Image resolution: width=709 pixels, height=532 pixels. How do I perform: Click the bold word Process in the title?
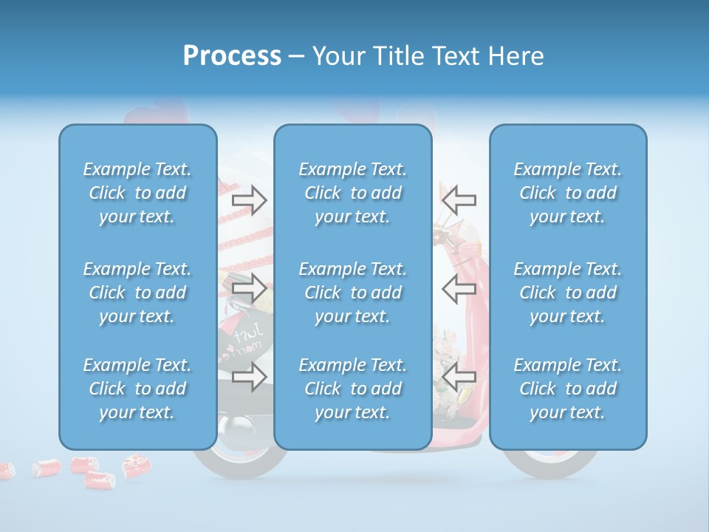232,56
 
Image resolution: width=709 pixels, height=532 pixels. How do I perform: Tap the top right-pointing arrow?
249,199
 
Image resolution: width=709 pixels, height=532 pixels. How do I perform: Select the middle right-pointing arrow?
249,287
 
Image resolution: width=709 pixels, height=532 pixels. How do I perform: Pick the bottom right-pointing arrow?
249,377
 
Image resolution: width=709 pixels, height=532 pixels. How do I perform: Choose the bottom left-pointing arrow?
459,377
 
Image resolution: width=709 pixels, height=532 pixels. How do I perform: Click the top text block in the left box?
137,193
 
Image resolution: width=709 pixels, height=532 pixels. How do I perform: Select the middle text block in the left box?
137,293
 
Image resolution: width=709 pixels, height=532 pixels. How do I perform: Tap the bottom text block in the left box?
137,389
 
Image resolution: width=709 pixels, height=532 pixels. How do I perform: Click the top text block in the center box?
353,193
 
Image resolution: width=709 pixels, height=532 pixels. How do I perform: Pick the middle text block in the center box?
353,293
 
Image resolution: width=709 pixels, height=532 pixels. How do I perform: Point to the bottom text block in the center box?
353,389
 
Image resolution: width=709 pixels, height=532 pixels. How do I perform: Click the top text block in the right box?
568,193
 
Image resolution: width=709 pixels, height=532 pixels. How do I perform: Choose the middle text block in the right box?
568,293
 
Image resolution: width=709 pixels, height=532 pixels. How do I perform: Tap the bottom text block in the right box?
568,389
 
